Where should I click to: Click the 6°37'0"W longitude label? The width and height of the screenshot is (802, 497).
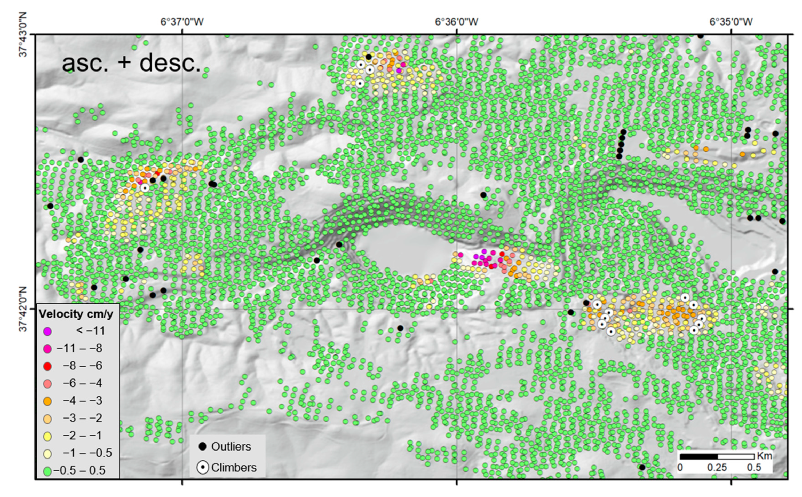(x=182, y=22)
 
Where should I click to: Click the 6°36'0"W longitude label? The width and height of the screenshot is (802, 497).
(x=456, y=22)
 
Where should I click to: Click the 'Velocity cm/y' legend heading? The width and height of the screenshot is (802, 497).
(x=76, y=314)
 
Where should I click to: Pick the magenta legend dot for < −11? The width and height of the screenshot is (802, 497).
(x=48, y=331)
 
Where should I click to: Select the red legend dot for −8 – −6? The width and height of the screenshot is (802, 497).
(x=48, y=366)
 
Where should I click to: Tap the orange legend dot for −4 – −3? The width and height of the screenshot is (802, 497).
(x=48, y=401)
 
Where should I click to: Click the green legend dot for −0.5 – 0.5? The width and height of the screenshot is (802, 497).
(x=48, y=471)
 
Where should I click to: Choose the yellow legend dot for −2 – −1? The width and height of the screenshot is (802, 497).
(x=48, y=436)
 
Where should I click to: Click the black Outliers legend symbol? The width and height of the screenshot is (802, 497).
(x=203, y=446)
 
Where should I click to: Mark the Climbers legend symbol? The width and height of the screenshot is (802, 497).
(x=203, y=467)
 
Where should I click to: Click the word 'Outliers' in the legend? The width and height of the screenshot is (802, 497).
(x=231, y=446)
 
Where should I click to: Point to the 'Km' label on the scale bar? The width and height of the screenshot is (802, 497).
(x=764, y=456)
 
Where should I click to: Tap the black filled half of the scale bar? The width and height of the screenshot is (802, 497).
(x=698, y=456)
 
